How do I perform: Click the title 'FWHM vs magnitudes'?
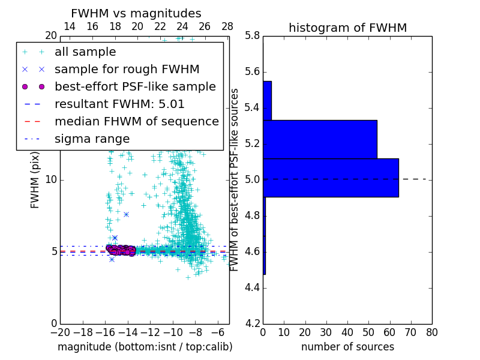(x=136, y=13)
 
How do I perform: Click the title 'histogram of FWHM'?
(x=347, y=28)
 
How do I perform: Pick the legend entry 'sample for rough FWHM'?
(x=127, y=69)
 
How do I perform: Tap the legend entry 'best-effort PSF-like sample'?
(x=135, y=86)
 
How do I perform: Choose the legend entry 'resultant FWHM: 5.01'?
(x=119, y=104)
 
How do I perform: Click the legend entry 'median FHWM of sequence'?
(x=136, y=121)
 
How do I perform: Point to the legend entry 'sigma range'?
(x=92, y=139)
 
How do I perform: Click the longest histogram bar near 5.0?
(x=331, y=178)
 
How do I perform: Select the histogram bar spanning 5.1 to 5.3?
(x=320, y=139)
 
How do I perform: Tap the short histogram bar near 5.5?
(x=267, y=100)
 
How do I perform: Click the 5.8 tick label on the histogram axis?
(x=252, y=36)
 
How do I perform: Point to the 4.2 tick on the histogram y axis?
(x=252, y=323)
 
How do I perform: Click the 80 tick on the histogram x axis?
(x=431, y=332)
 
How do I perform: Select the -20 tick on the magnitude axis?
(x=60, y=332)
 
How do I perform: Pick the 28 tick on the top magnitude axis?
(x=227, y=27)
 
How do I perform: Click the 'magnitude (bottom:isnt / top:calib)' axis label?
(x=145, y=347)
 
